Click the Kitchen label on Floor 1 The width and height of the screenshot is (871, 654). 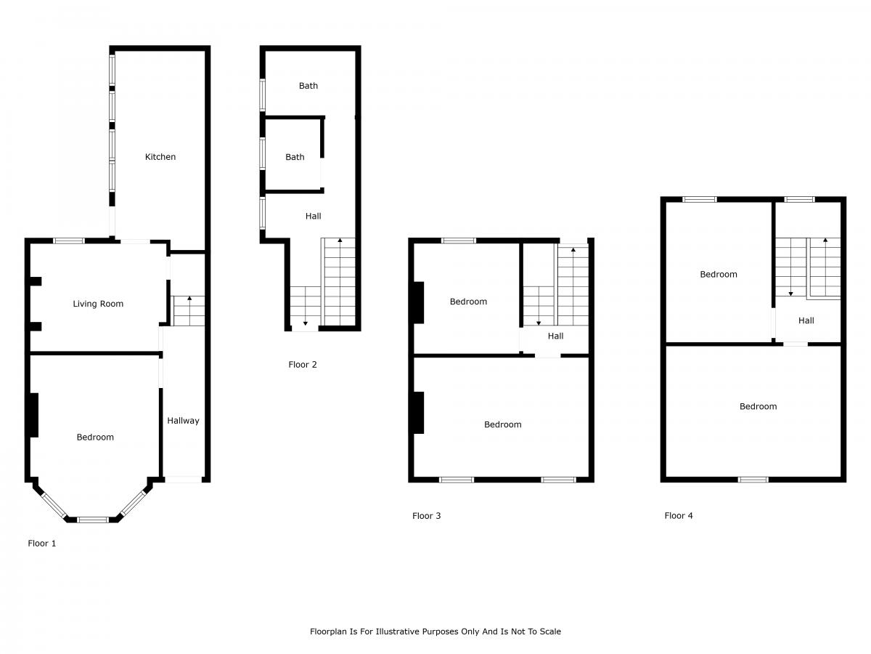click(x=160, y=157)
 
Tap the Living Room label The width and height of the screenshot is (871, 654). click(x=98, y=304)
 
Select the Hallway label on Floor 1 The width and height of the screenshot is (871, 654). click(x=183, y=421)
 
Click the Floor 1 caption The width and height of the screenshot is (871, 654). click(x=41, y=544)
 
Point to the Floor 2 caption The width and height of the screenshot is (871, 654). click(x=303, y=365)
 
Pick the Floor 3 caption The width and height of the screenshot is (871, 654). click(x=426, y=516)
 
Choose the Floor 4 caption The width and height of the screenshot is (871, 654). click(x=679, y=516)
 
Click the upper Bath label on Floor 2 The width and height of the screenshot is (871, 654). click(x=308, y=86)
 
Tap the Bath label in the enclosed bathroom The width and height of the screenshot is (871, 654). click(x=295, y=157)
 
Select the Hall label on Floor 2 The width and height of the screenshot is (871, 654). click(x=313, y=217)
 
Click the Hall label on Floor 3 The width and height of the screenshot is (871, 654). click(x=555, y=336)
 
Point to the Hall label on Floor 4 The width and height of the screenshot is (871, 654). click(x=806, y=321)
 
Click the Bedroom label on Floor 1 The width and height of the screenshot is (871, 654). click(x=95, y=437)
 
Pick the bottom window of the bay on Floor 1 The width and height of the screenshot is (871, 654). click(x=92, y=520)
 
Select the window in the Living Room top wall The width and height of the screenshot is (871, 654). click(x=69, y=241)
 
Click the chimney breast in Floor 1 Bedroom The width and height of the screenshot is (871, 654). click(x=34, y=416)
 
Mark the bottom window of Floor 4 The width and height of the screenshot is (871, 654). click(x=753, y=480)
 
